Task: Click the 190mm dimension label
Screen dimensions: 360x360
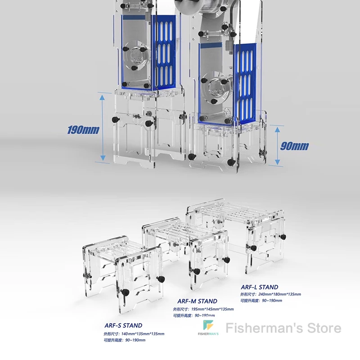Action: (x=83, y=130)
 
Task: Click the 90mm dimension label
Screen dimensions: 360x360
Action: (x=295, y=145)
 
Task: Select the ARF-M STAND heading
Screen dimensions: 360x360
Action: (x=197, y=301)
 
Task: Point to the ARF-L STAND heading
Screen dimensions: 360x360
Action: (x=259, y=287)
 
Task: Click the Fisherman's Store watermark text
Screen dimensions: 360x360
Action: (x=283, y=328)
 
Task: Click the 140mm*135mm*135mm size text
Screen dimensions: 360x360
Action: (x=134, y=334)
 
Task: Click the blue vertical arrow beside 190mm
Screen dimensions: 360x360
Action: (x=103, y=127)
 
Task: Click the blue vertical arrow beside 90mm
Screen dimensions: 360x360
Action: (x=278, y=145)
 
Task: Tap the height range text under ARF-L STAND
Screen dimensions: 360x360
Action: (x=261, y=301)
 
